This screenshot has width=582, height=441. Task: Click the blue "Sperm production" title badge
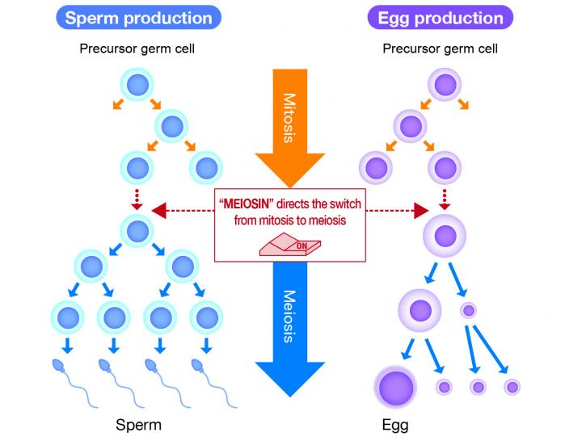(x=137, y=19)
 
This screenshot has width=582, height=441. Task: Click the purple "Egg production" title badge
(x=440, y=19)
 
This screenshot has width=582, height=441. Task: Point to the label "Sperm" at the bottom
(x=138, y=424)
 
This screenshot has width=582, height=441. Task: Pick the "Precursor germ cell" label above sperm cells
(x=137, y=49)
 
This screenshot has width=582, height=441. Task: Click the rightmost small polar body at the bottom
(x=512, y=386)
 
